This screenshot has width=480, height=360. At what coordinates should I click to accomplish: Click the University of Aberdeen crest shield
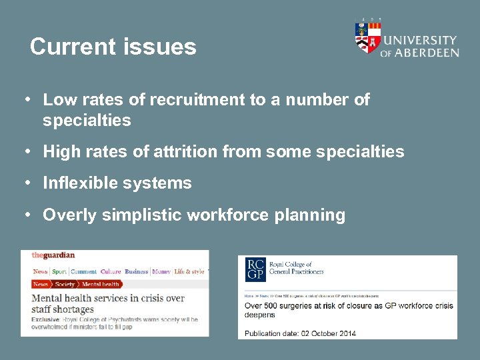367,37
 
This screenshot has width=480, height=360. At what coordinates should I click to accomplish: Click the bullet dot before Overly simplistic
26,215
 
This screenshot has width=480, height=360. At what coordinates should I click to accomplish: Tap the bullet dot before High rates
26,151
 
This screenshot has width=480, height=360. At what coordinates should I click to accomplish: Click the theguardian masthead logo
53,255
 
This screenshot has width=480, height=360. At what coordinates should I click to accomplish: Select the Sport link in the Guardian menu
59,271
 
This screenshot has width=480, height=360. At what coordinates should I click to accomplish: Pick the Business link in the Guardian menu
136,271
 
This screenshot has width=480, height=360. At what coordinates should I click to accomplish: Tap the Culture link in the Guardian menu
111,271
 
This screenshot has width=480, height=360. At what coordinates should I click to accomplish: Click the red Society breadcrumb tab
65,285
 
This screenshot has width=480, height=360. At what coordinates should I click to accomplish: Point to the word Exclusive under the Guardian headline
46,320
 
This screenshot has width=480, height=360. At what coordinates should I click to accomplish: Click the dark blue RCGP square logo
255,269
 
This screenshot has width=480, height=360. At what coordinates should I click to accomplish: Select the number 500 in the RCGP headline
274,306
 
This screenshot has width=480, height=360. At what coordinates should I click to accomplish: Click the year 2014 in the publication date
344,333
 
